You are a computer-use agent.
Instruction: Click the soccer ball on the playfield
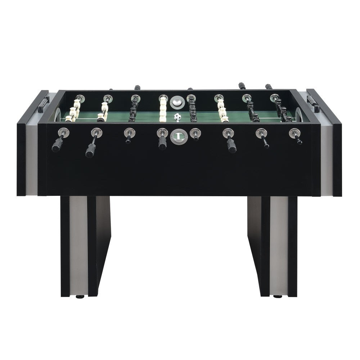point(177,117)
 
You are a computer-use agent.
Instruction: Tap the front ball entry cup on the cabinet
point(177,136)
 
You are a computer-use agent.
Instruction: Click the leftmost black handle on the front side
point(58,145)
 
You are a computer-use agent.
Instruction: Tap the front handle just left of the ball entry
point(162,143)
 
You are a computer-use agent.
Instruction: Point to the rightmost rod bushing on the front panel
point(294,133)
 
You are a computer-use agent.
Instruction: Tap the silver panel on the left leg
point(78,245)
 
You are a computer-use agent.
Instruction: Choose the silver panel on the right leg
point(279,245)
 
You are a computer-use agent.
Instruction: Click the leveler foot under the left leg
point(80,297)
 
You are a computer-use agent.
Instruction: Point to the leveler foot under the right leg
point(278,297)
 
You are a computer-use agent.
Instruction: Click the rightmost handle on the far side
point(269,87)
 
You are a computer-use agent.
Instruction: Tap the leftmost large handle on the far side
point(137,87)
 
